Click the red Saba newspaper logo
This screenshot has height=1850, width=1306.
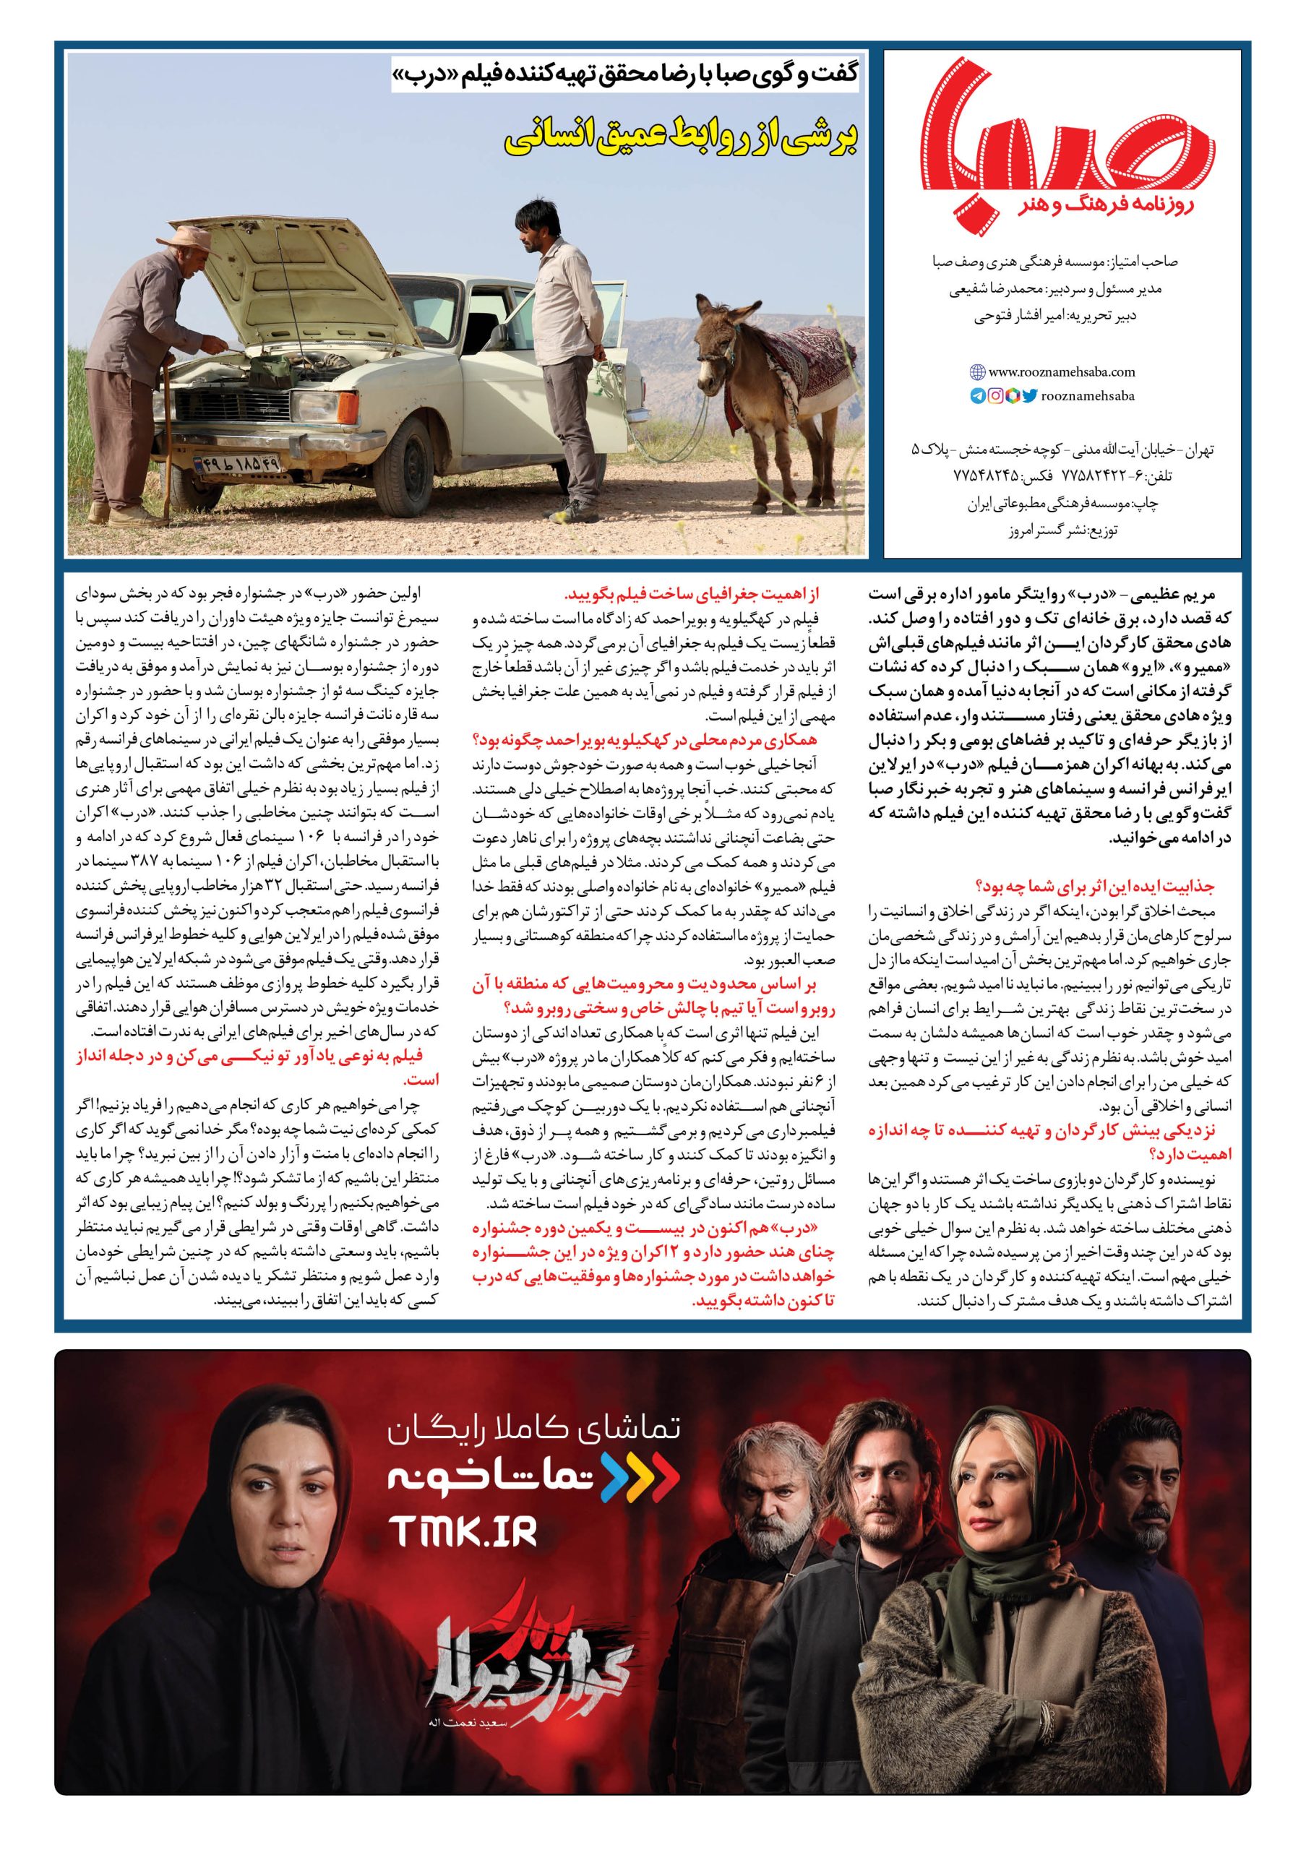[1063, 137]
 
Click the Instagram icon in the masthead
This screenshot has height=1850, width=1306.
[995, 395]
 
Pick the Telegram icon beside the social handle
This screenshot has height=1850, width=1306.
[978, 395]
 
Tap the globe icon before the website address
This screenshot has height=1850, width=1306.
[977, 372]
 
